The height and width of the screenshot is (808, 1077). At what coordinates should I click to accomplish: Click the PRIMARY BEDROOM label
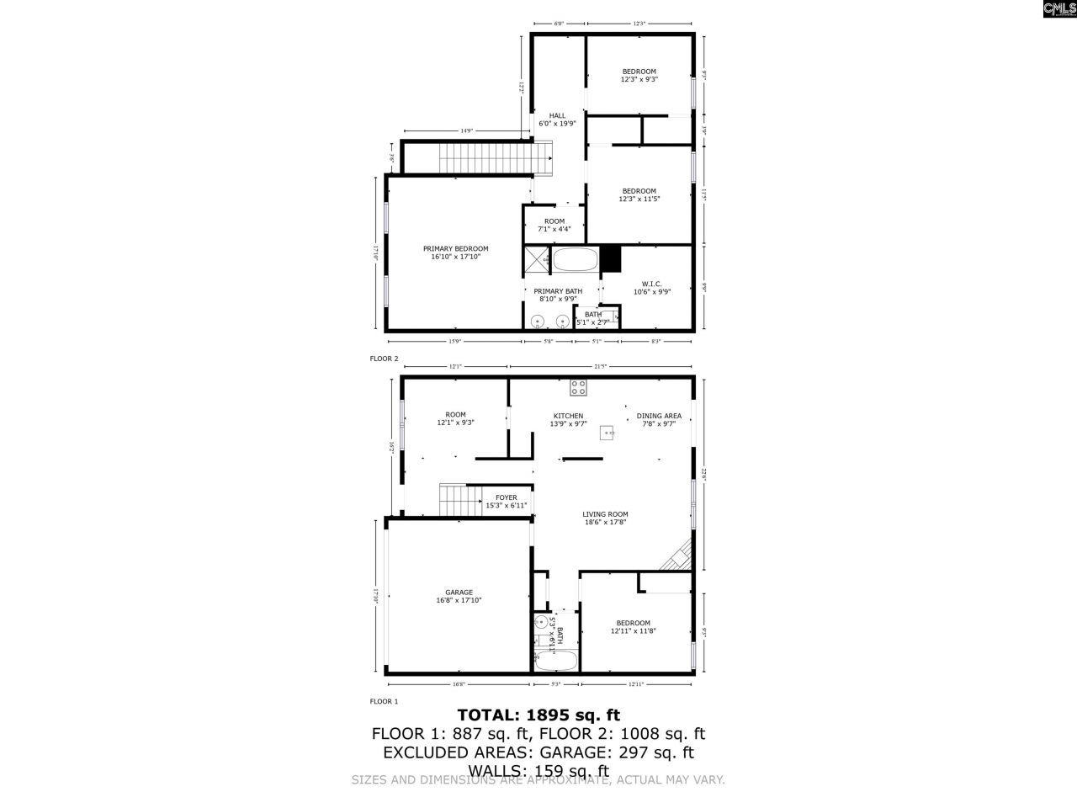click(x=455, y=248)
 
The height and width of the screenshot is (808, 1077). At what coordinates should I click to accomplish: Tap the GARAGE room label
click(x=459, y=592)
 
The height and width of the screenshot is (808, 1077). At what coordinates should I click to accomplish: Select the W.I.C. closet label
click(x=651, y=284)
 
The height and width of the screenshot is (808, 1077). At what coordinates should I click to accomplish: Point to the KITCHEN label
click(x=568, y=416)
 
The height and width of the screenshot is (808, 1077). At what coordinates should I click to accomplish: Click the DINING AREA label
click(x=659, y=416)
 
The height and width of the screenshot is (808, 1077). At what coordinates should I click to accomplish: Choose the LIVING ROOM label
click(x=605, y=514)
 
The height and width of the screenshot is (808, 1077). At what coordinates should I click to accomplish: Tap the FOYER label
click(x=506, y=497)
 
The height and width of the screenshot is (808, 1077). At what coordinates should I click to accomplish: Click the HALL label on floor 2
click(x=557, y=115)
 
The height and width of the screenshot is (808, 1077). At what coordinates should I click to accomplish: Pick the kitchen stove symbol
click(x=578, y=387)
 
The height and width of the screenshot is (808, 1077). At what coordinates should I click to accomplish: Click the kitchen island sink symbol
click(x=607, y=433)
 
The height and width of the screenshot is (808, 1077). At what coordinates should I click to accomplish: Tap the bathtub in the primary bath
click(x=575, y=259)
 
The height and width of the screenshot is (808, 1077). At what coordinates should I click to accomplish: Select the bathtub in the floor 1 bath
click(x=556, y=661)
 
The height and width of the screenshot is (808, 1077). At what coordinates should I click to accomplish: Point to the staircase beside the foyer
click(x=456, y=501)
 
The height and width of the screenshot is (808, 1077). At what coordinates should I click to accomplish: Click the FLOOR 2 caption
click(x=384, y=359)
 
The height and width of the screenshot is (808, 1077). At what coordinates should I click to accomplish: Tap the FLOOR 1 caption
click(x=384, y=701)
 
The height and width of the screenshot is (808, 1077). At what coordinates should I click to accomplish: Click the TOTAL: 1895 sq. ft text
click(x=538, y=715)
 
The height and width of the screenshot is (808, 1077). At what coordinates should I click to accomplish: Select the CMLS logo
click(x=1058, y=10)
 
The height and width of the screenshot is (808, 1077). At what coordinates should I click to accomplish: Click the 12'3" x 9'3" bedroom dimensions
click(x=639, y=79)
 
